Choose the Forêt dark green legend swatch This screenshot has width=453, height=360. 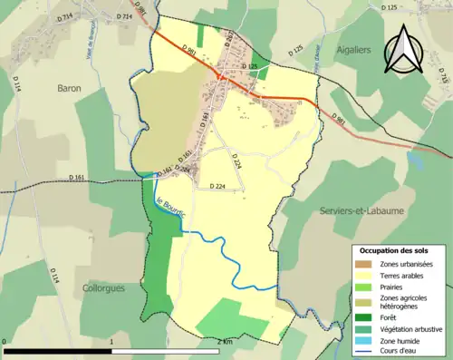click(363, 316)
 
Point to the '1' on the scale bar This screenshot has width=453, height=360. click(111, 342)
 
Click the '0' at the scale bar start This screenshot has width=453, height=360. click(5, 342)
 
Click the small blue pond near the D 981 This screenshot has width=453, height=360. click(415, 160)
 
